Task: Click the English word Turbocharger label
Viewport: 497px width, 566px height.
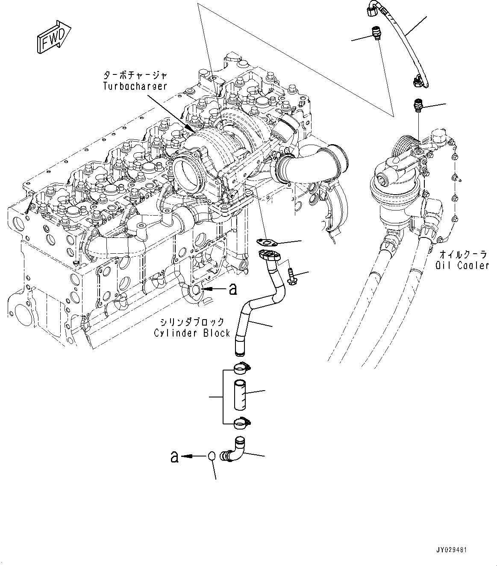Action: point(135,86)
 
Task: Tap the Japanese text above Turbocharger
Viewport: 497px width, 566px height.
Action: point(135,75)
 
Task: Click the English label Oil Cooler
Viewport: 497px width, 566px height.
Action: point(462,265)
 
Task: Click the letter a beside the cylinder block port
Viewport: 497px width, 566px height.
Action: point(232,290)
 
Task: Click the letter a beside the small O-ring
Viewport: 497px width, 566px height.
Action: point(174,456)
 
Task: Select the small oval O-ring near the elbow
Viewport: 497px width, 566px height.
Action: point(212,456)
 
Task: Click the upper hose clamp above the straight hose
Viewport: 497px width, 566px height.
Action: point(242,367)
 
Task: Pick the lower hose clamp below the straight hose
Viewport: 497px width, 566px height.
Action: point(242,424)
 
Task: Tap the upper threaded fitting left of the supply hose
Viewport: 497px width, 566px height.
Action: point(376,33)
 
